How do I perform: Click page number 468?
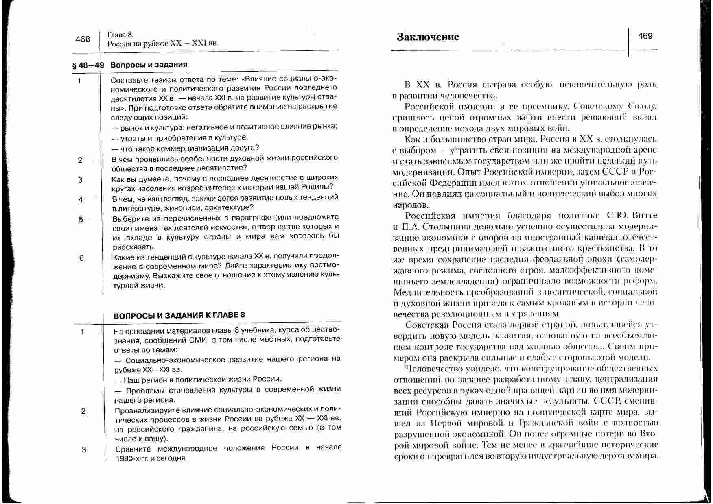83,39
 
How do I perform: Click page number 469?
645,36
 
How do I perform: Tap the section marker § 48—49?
88,65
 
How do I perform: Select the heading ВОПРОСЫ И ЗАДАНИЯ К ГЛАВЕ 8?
179,315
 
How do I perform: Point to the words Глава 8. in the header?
120,35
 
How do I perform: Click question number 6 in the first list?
81,258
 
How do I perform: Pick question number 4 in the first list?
81,199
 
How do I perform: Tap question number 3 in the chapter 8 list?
84,449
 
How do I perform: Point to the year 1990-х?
127,458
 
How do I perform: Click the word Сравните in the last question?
133,449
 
